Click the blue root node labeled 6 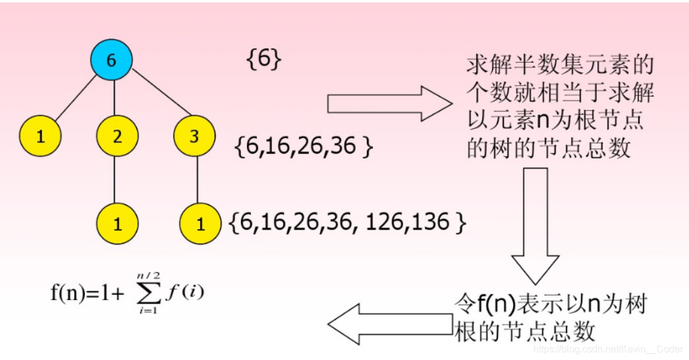(111, 60)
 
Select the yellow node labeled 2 (117, 136)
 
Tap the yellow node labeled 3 (194, 136)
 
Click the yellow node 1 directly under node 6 (40, 136)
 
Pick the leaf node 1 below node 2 (117, 224)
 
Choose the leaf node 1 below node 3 (200, 224)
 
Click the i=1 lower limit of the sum (146, 310)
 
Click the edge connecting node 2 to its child (117, 180)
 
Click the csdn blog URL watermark (606, 348)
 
